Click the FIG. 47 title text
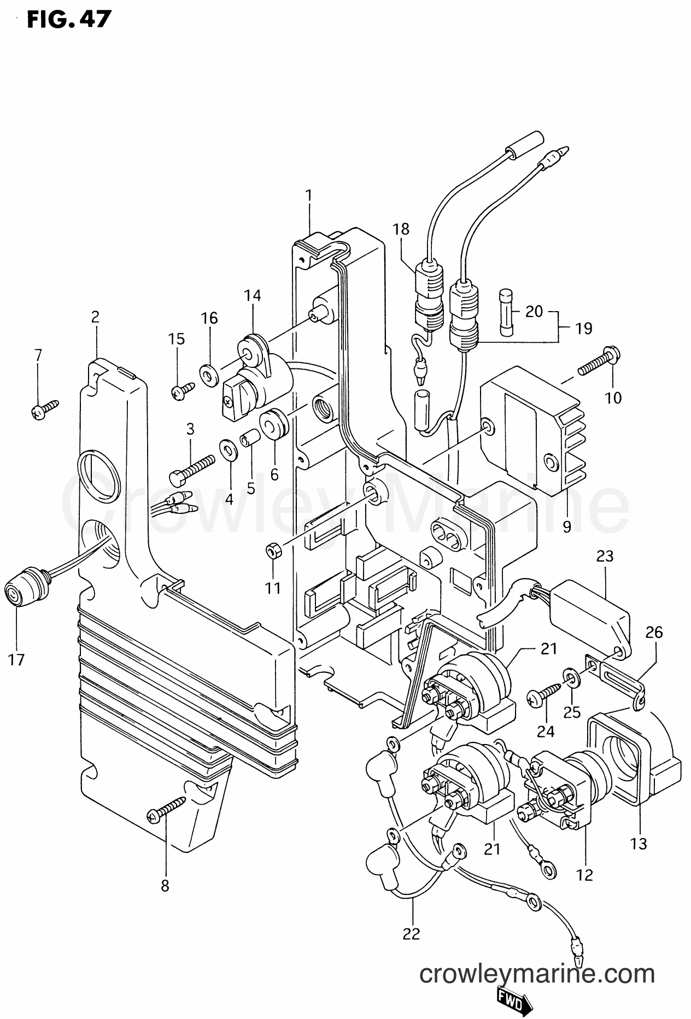point(62,20)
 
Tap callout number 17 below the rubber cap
point(17,660)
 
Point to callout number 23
point(605,557)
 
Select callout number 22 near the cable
point(411,934)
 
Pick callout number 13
point(638,844)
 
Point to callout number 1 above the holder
point(309,195)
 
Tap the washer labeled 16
point(209,373)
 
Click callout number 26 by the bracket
point(654,633)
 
